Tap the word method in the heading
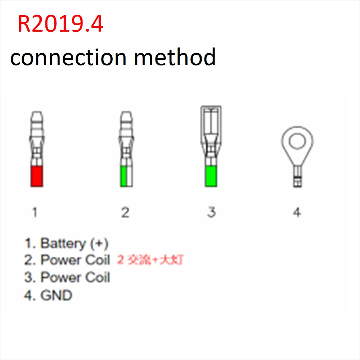point(175,57)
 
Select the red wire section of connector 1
point(37,176)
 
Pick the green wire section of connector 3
point(211,176)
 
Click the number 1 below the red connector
point(35,213)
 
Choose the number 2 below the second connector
point(125,213)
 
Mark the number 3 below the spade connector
point(211,212)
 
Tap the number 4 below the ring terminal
point(297,213)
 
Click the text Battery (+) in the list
point(74,243)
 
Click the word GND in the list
point(57,295)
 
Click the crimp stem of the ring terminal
point(297,176)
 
